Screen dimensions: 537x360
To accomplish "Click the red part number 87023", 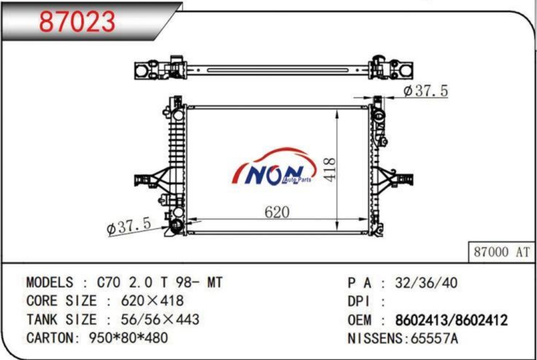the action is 77,22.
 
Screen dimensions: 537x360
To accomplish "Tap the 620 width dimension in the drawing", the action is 277,212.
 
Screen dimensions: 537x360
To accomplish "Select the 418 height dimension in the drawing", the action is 330,169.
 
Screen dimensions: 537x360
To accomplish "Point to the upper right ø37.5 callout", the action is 425,91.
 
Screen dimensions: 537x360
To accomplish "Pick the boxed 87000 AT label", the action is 501,252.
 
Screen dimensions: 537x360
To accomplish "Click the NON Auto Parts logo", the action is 274,167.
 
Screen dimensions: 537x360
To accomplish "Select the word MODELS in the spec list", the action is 49,282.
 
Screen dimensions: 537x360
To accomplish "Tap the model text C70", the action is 108,282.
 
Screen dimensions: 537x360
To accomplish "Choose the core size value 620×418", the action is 152,301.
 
